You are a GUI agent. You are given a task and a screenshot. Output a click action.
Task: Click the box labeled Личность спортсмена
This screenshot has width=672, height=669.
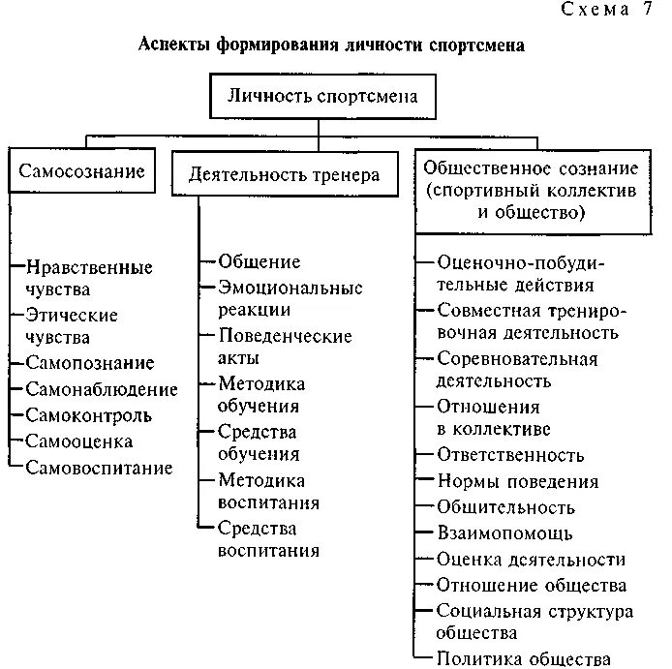[323, 97]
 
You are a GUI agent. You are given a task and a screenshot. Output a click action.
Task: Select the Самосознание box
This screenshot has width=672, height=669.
[81, 172]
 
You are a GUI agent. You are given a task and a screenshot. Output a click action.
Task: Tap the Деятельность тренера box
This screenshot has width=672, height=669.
[278, 175]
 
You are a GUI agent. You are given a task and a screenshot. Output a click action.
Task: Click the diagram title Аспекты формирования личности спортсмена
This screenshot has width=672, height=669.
[332, 46]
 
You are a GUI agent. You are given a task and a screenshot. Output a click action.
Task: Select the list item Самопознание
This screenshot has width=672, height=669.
[90, 364]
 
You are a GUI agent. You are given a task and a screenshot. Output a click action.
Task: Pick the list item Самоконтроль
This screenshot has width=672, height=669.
[89, 416]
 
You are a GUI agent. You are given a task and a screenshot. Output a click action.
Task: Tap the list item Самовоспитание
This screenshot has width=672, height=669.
[100, 469]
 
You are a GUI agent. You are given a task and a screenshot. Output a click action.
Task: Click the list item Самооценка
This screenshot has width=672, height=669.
[79, 442]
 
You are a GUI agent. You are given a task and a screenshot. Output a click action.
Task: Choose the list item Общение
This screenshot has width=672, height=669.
[259, 262]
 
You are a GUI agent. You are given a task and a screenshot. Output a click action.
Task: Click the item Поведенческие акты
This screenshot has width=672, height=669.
[285, 347]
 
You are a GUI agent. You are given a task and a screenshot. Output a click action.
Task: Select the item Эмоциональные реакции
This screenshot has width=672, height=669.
[290, 298]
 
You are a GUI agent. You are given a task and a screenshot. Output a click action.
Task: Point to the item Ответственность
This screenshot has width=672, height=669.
[510, 455]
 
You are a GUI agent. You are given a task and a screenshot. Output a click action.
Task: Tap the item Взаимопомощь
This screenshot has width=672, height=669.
[504, 533]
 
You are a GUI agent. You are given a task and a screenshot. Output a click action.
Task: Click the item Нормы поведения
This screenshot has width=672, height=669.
[517, 481]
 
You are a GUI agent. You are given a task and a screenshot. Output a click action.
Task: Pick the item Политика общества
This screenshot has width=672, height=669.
[523, 659]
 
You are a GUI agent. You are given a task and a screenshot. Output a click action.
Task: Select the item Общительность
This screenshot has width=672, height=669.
[505, 507]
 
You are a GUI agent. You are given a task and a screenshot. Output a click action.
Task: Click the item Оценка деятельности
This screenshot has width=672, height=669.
[531, 560]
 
